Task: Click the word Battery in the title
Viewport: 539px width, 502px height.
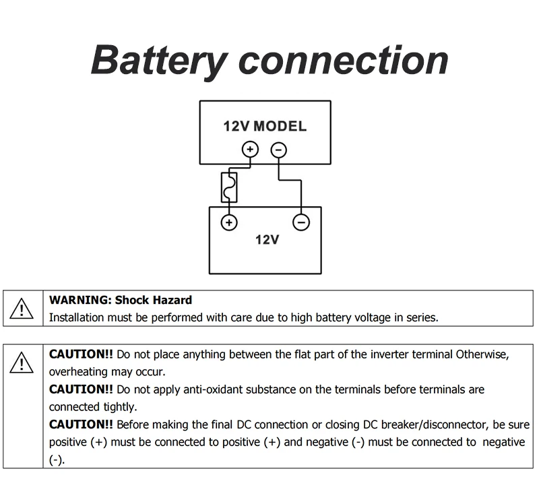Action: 159,61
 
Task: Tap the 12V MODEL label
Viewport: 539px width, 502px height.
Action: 265,126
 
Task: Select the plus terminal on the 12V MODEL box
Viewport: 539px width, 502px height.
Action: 250,149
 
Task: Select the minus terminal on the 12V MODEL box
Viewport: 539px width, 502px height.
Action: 279,150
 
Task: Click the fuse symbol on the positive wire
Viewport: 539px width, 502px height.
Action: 229,187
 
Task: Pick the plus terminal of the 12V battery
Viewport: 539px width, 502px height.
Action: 229,222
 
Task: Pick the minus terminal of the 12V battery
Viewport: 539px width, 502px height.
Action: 301,222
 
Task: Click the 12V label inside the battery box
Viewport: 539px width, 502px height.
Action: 267,240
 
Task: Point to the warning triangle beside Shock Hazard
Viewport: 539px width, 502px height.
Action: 22,309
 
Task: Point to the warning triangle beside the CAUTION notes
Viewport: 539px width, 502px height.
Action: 22,363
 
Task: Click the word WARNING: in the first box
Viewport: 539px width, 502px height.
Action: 80,300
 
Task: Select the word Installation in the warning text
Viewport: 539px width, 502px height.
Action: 76,317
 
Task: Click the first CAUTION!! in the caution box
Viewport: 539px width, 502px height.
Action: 81,354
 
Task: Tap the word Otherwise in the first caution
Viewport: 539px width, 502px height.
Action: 482,354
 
